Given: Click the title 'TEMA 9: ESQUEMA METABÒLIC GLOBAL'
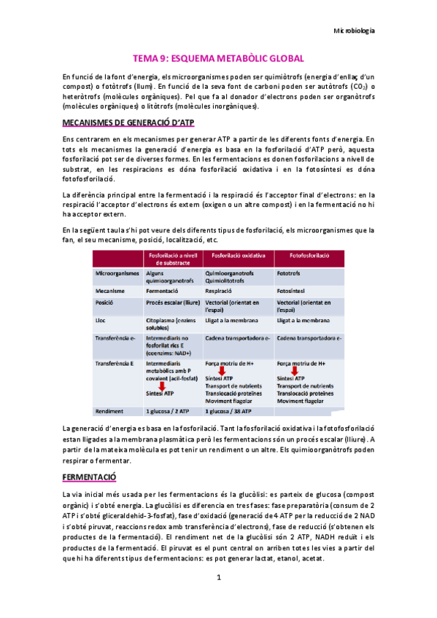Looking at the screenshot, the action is [x=218, y=58].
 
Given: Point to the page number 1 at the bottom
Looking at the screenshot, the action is [x=218, y=577].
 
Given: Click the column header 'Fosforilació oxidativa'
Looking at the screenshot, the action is [x=238, y=257].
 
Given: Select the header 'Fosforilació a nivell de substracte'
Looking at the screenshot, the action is [x=173, y=259].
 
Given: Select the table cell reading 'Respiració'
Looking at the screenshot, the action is [x=222, y=289].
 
